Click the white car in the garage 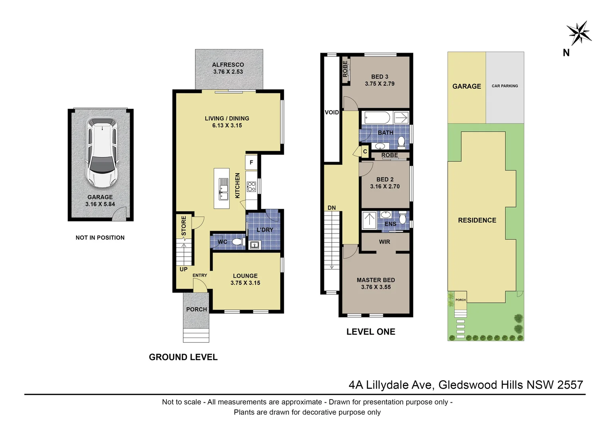[x=102, y=153]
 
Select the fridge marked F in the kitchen [x=251, y=162]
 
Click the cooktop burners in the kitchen [x=251, y=187]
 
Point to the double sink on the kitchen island [x=224, y=189]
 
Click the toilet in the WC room [x=237, y=241]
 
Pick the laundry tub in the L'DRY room [x=255, y=245]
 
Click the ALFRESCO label [x=228, y=65]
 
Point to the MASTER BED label [x=376, y=280]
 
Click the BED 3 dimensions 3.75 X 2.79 [x=380, y=84]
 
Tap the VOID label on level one [x=332, y=112]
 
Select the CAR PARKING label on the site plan [x=505, y=86]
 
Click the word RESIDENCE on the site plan [x=477, y=220]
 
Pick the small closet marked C [x=365, y=151]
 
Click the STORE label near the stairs [x=184, y=226]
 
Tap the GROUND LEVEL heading [x=183, y=357]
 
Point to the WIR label [x=384, y=242]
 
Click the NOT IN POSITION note [x=100, y=238]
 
